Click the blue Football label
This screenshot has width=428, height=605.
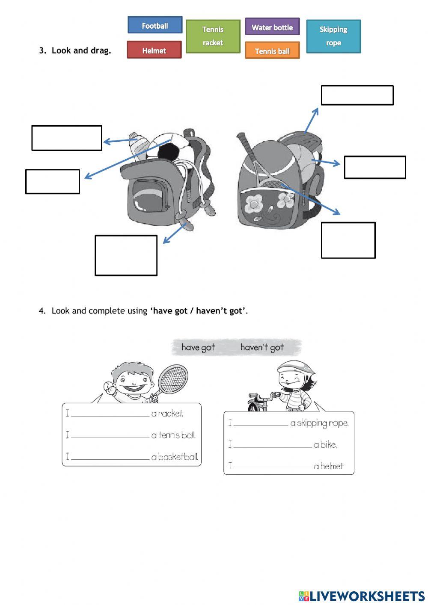[x=155, y=25]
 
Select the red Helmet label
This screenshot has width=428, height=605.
[x=154, y=50]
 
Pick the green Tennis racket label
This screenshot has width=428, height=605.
[x=213, y=36]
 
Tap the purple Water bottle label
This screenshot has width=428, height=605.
[x=272, y=27]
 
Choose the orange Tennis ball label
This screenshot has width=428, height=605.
[x=272, y=51]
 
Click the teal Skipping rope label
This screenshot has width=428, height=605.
[x=333, y=36]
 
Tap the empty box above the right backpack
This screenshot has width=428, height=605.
[x=357, y=95]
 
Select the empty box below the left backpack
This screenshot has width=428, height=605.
[x=126, y=255]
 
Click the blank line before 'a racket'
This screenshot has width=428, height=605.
[x=110, y=414]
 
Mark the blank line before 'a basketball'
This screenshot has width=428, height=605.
[x=110, y=458]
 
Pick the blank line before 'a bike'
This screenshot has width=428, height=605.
[x=273, y=446]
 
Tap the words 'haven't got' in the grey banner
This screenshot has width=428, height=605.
[x=262, y=347]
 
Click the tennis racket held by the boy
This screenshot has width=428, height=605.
[x=172, y=379]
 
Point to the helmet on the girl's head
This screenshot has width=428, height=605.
[x=293, y=367]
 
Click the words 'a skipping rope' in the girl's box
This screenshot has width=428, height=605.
[x=319, y=423]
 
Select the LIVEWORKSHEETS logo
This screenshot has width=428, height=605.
[x=362, y=596]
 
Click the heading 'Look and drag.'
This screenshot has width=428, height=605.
[x=81, y=51]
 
